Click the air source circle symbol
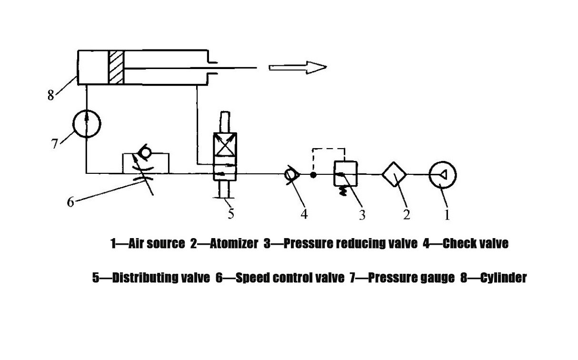[x=442, y=175]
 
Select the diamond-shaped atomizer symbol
[x=394, y=175]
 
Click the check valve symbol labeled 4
[x=290, y=175]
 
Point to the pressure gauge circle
[x=87, y=123]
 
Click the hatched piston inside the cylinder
[x=116, y=67]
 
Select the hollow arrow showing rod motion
[x=298, y=67]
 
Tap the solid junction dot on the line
[x=313, y=175]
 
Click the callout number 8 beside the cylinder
[x=51, y=95]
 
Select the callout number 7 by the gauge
[x=55, y=143]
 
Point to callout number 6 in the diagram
[x=70, y=202]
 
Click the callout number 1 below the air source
[x=447, y=215]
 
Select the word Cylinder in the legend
[x=503, y=278]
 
